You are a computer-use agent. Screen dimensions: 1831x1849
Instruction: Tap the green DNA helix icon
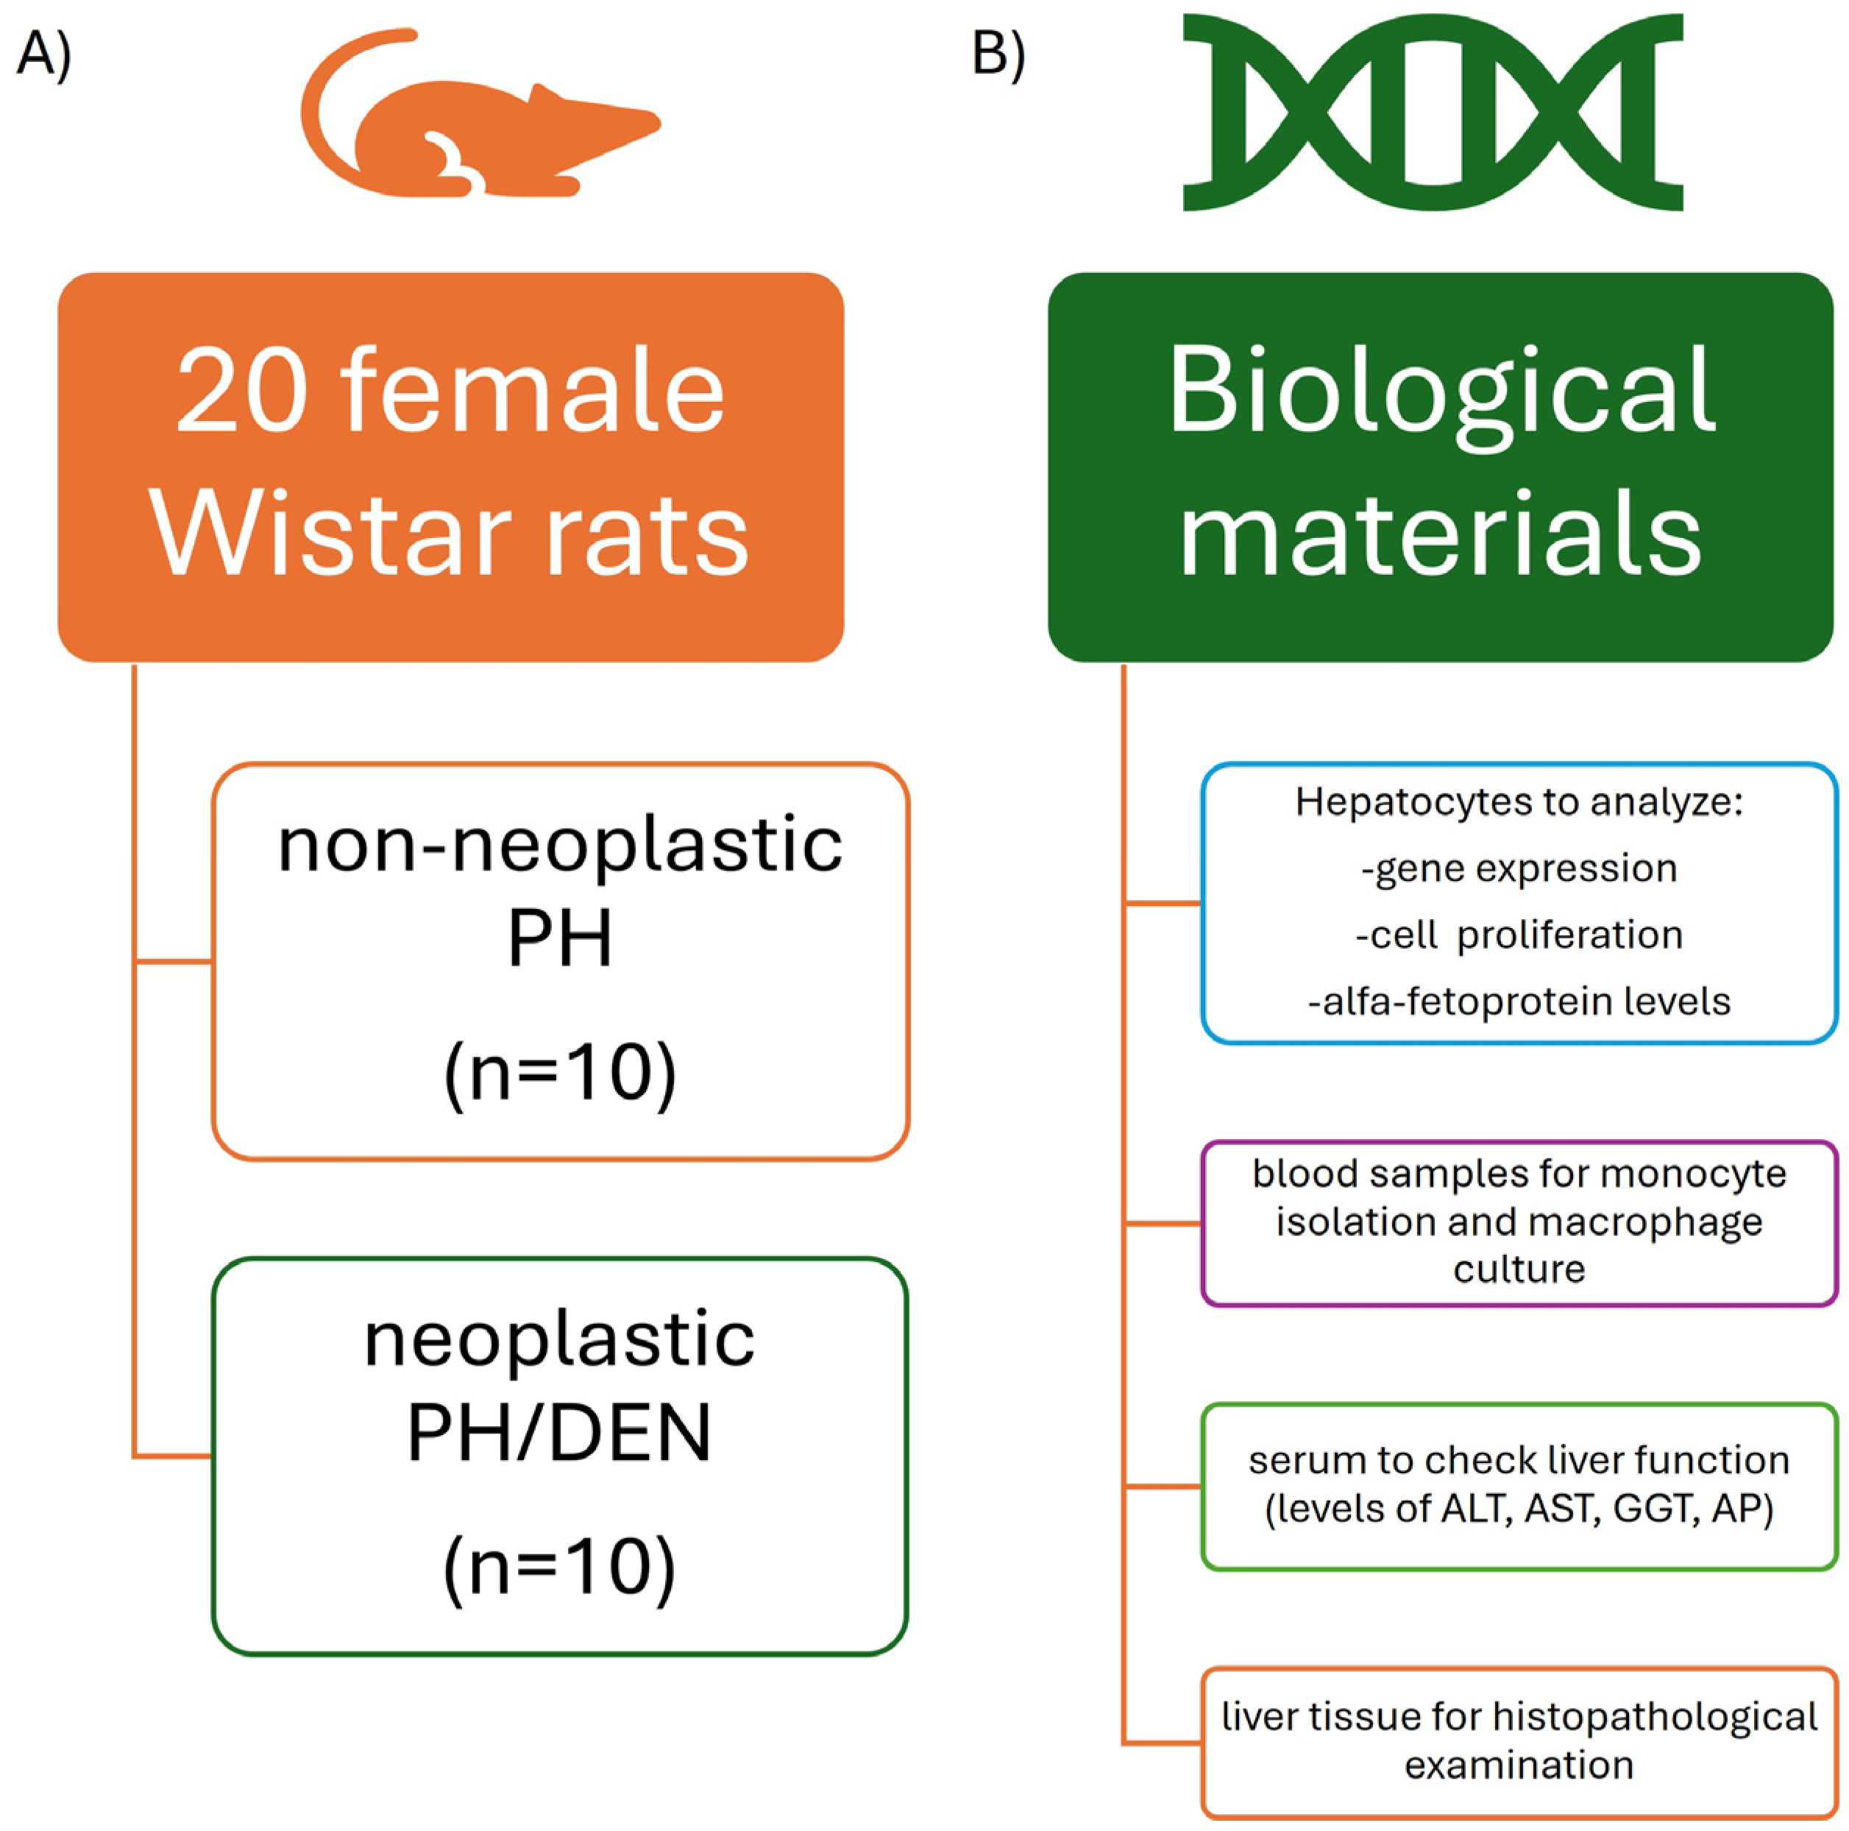pyautogui.click(x=1432, y=112)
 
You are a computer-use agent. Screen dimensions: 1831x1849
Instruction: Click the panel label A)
pyautogui.click(x=43, y=54)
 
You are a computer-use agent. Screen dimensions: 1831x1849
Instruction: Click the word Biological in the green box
pyautogui.click(x=1441, y=392)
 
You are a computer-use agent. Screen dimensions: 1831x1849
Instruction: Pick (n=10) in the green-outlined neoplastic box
pyautogui.click(x=560, y=1567)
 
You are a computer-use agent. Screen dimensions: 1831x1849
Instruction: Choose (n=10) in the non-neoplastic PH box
pyautogui.click(x=560, y=1072)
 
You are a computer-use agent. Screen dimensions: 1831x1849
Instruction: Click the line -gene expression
pyautogui.click(x=1519, y=868)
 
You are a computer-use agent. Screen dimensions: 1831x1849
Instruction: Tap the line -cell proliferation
pyautogui.click(x=1519, y=935)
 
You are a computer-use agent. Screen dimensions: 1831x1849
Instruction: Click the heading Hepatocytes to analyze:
pyautogui.click(x=1519, y=802)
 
